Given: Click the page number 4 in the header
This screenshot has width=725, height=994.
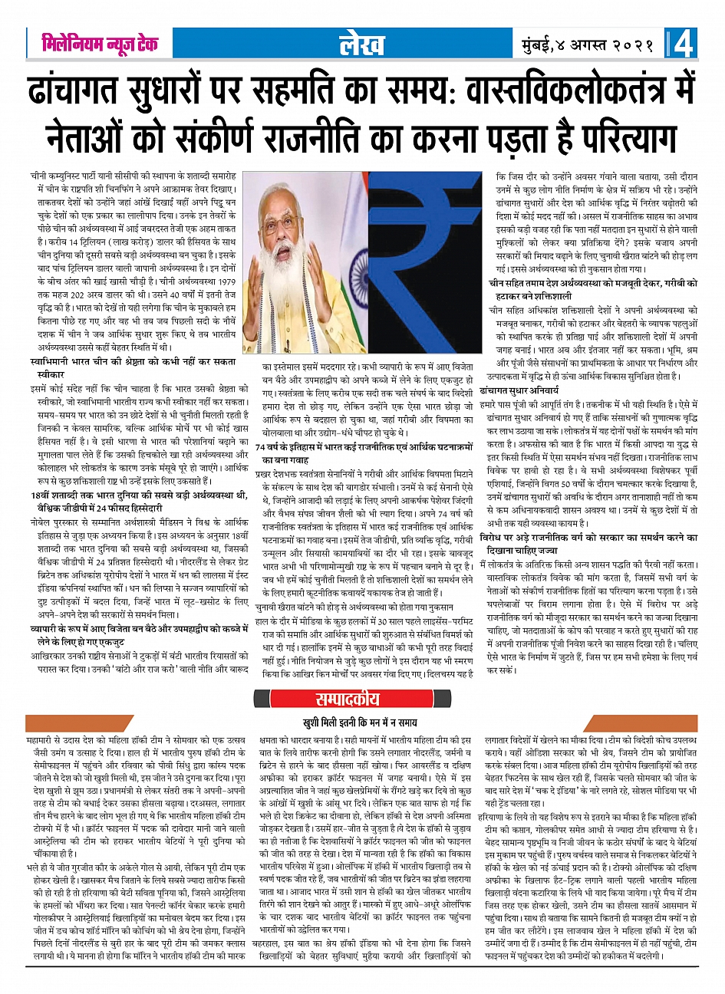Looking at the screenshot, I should (x=684, y=44).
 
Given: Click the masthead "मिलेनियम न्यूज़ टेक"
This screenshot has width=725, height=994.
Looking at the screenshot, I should (x=100, y=44).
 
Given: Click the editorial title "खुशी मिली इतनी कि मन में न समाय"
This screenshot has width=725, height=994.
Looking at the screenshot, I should (x=362, y=722).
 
